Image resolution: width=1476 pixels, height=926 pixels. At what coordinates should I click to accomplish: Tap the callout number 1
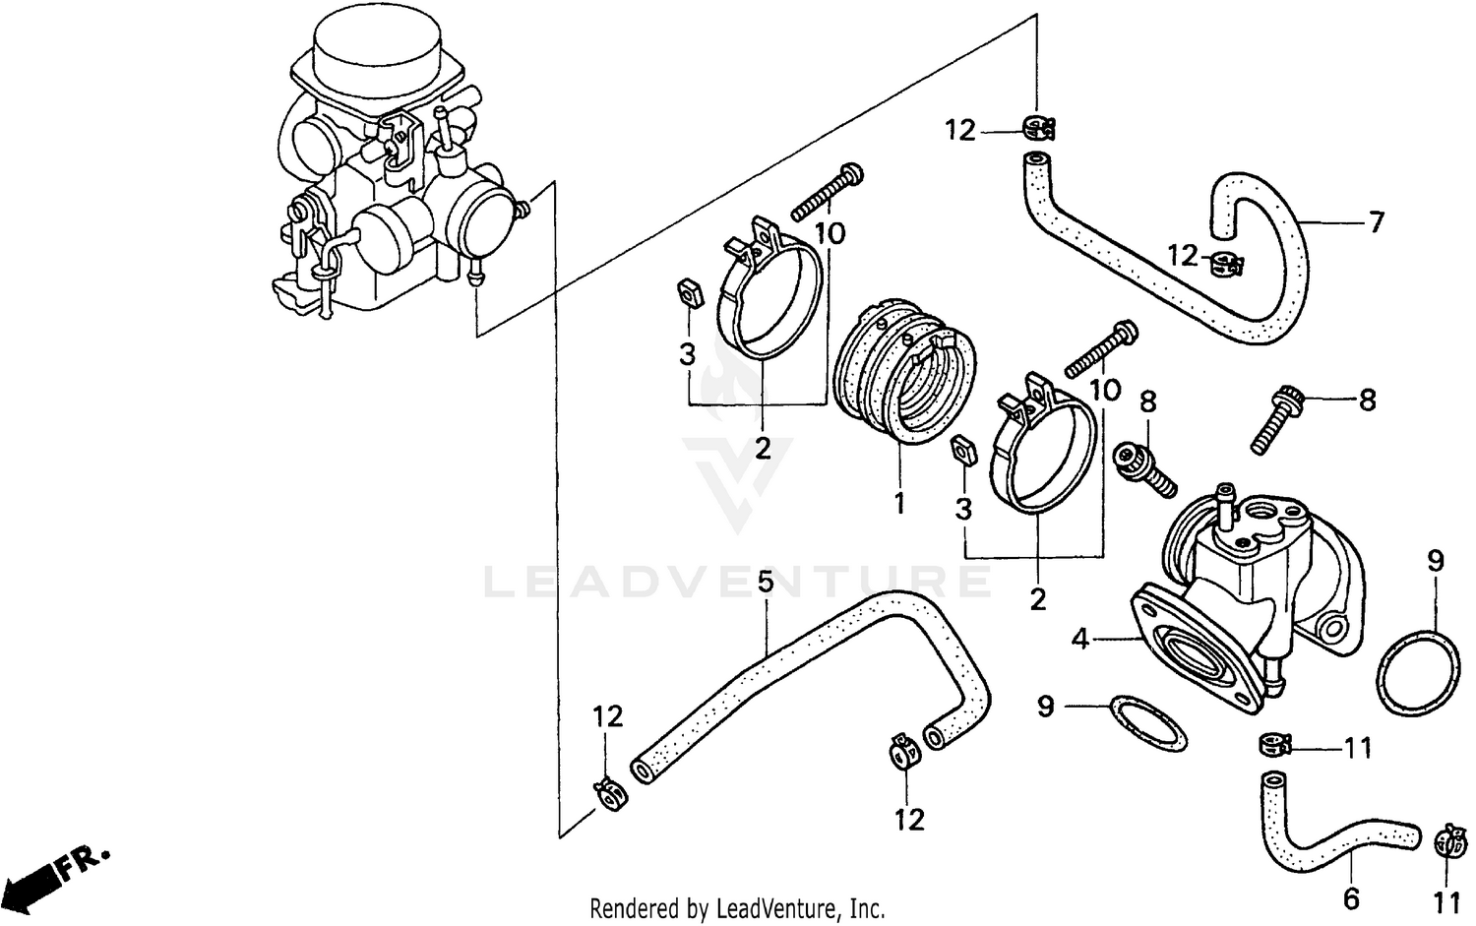(x=898, y=504)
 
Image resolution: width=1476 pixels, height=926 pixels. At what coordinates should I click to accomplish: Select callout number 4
(x=1080, y=639)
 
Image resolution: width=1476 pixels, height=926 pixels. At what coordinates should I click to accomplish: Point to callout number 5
(x=766, y=582)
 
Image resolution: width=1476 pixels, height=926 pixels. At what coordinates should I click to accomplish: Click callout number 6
(x=1351, y=898)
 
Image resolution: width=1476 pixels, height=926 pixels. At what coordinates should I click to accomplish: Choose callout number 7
(x=1376, y=222)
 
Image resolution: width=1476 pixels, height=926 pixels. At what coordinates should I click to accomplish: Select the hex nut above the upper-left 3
(x=690, y=293)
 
